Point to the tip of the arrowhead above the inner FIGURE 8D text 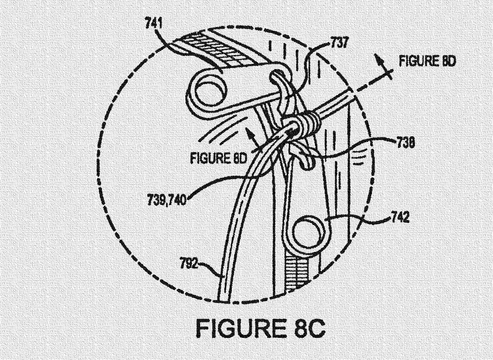coord(247,129)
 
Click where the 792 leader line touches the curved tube coord(221,276)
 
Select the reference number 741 coord(154,24)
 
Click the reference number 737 coord(339,42)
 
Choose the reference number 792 coord(189,264)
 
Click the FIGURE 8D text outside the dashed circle coord(427,61)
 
